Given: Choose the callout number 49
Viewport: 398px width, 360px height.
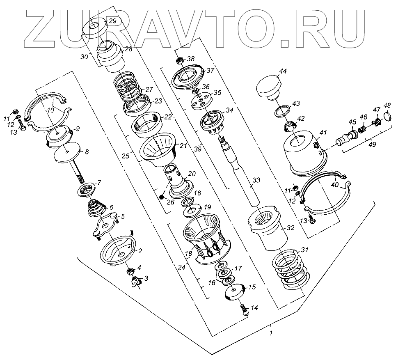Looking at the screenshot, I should pyautogui.click(x=372, y=144).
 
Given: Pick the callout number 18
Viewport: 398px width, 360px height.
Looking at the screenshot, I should pyautogui.click(x=188, y=255).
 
